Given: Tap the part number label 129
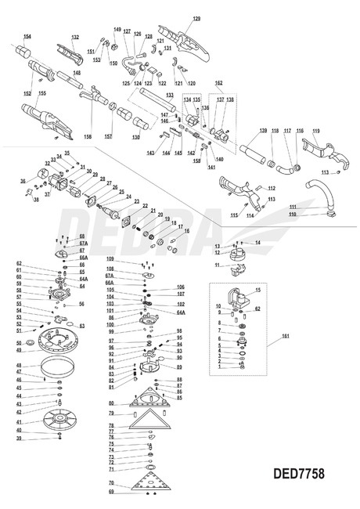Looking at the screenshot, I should click(x=196, y=17).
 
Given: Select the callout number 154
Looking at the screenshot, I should click(x=27, y=36).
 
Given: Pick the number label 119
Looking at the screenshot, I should click(x=316, y=130).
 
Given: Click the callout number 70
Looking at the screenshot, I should click(x=112, y=482).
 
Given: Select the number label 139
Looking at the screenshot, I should click(x=263, y=130).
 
